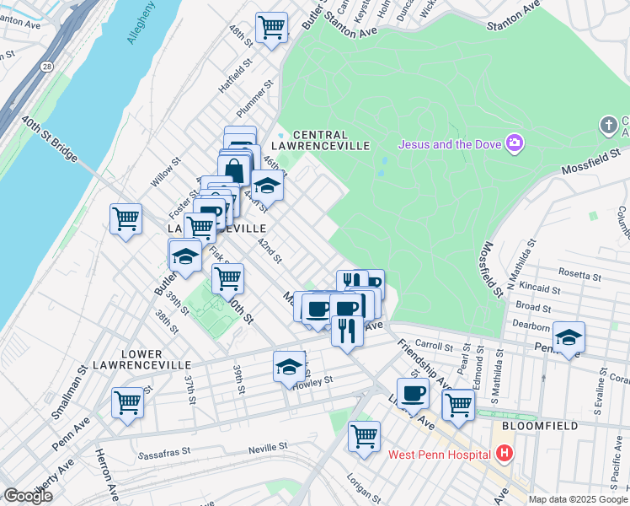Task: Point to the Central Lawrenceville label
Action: point(331,140)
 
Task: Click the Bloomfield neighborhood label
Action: point(539,426)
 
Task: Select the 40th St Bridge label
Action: point(51,140)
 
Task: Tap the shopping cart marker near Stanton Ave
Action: point(271,27)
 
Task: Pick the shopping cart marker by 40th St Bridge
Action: point(126,218)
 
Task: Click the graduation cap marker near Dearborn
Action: point(569,337)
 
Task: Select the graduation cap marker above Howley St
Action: point(289,366)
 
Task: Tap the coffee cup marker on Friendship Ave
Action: point(413,392)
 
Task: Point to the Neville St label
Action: point(268,445)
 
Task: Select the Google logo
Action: point(27,496)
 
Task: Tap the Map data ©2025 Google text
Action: point(576,499)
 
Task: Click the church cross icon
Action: point(608,126)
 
